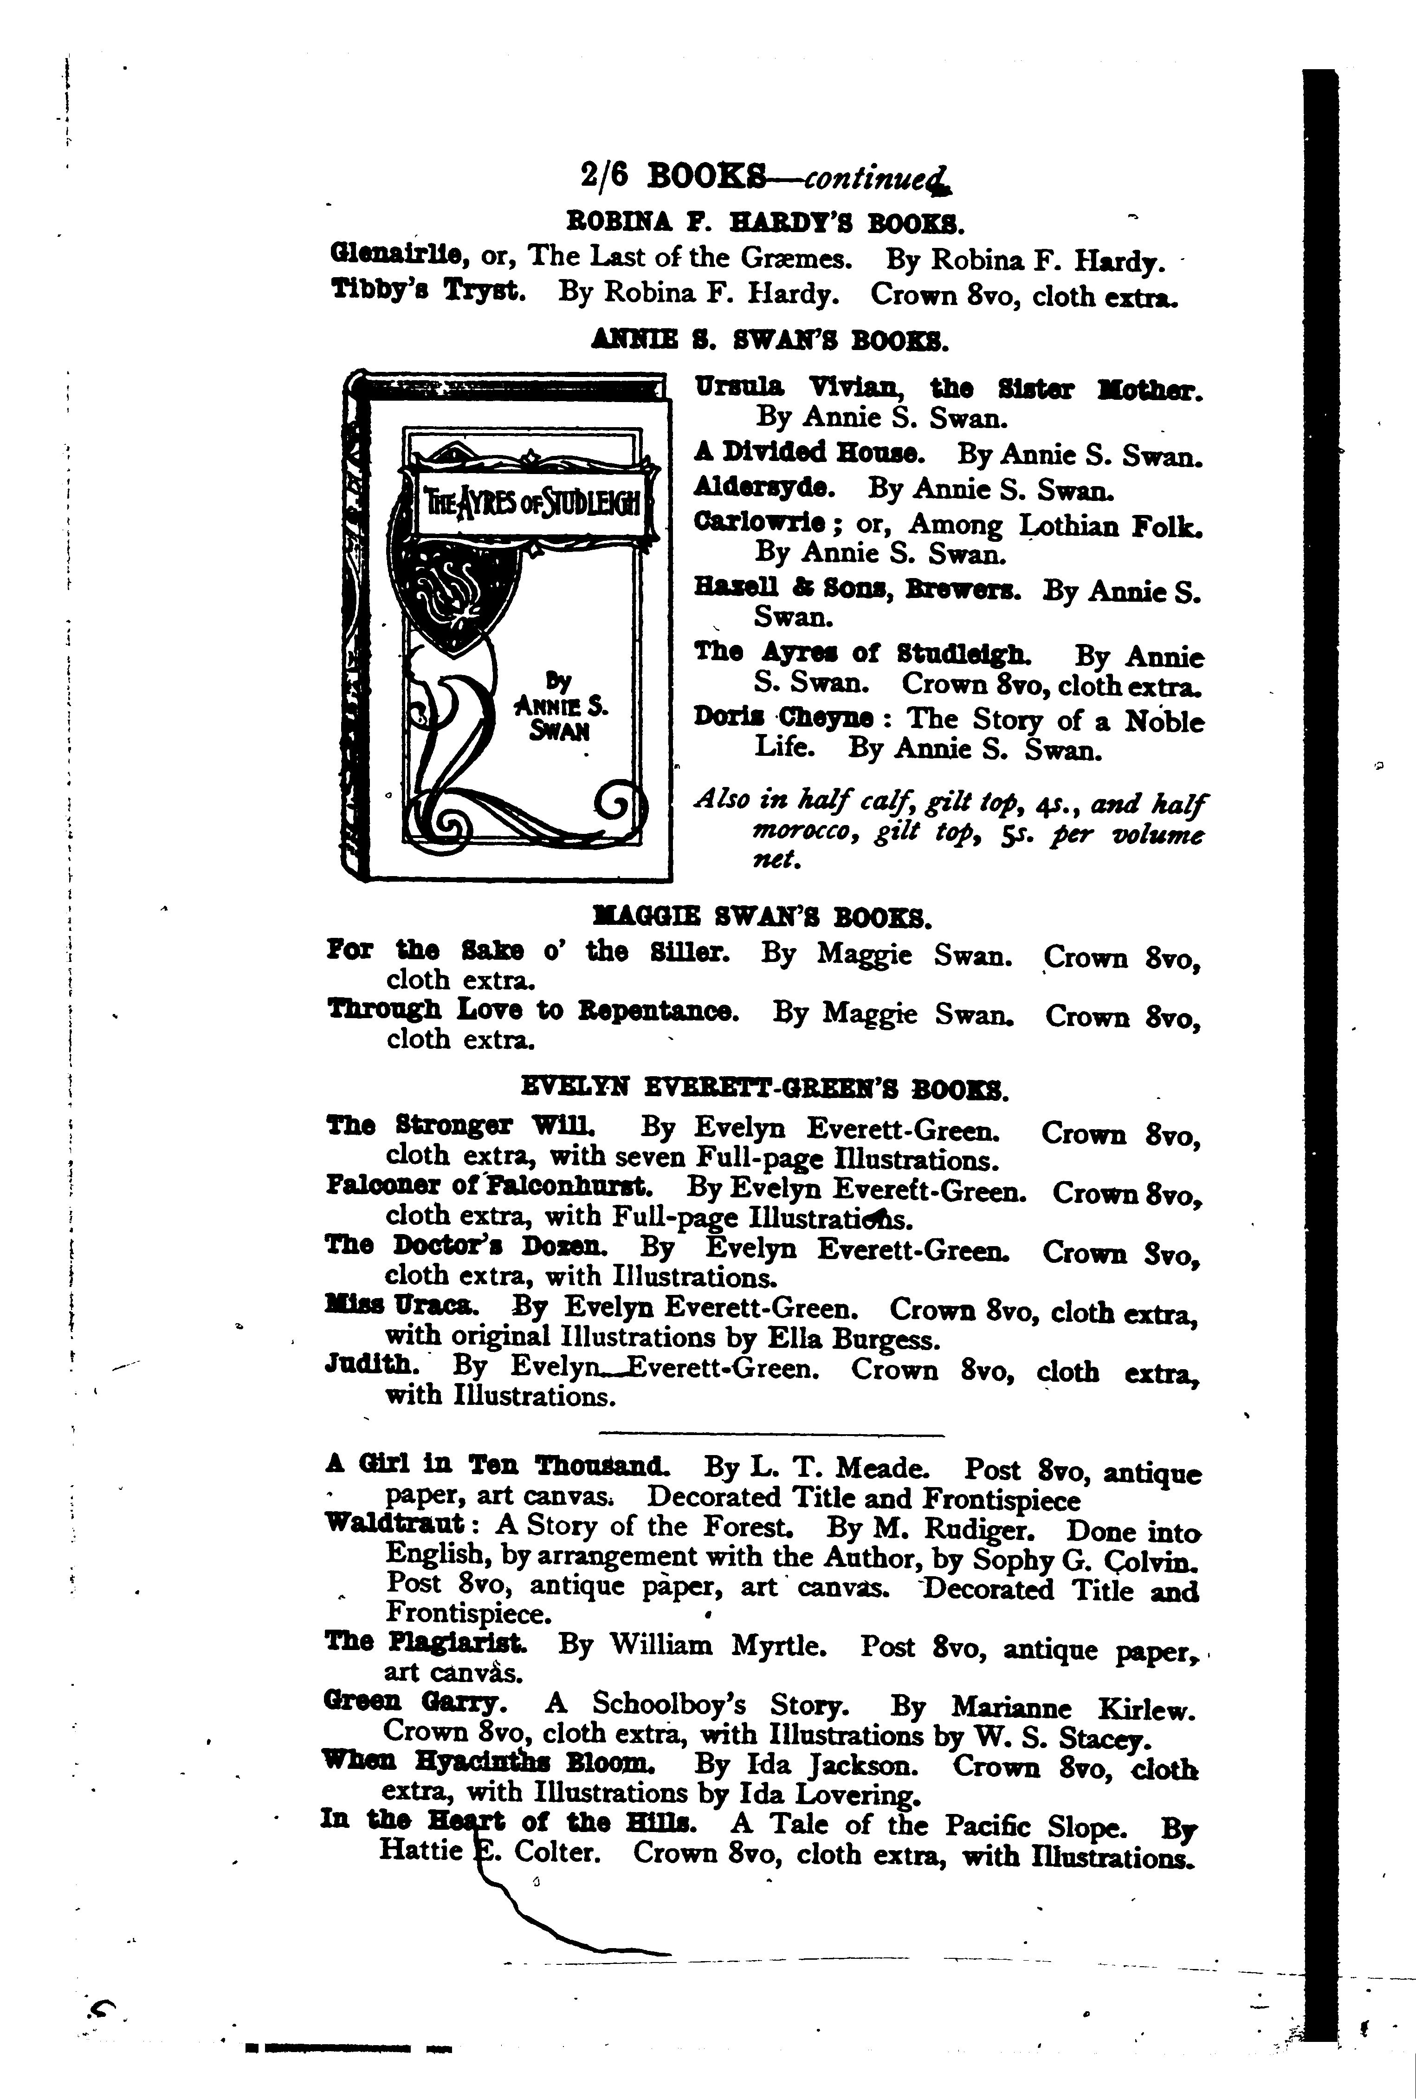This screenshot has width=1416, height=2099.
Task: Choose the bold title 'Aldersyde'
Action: click(764, 487)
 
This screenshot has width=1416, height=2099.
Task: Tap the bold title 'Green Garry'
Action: click(411, 1703)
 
